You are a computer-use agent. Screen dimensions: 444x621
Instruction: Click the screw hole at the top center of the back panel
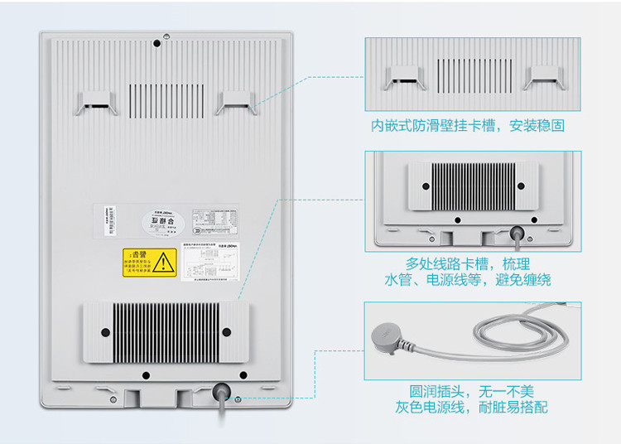166,36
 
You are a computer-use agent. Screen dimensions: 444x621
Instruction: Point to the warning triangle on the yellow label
167,262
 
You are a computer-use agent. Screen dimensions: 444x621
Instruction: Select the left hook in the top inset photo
403,79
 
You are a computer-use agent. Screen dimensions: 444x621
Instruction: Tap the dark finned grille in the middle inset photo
473,186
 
